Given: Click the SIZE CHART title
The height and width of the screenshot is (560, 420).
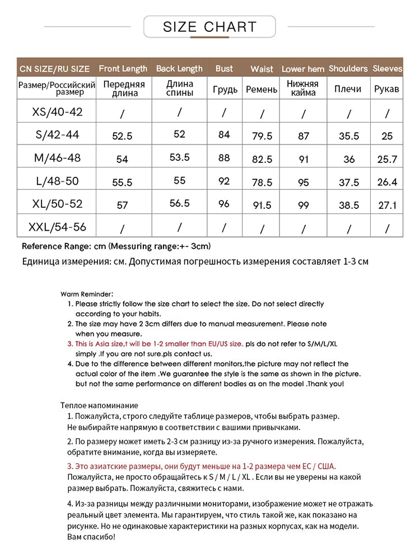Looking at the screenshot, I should (x=209, y=27).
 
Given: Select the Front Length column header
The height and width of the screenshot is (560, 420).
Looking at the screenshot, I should (x=123, y=69).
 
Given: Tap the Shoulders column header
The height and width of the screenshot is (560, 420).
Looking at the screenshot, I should (x=348, y=69).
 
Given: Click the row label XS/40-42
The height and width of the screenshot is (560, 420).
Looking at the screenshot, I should (x=57, y=112).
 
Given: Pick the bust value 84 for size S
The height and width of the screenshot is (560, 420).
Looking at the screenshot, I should (x=224, y=134).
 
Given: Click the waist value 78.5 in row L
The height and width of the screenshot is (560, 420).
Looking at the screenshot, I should (x=262, y=183).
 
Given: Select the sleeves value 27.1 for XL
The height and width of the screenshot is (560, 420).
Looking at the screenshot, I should (x=387, y=206).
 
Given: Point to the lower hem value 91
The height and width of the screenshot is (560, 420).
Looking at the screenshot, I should (x=304, y=159).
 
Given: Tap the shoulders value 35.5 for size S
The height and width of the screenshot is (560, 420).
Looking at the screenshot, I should (x=349, y=136).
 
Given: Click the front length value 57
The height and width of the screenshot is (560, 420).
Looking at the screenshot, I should (x=122, y=206).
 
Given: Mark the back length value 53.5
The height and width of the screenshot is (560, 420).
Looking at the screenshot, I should (x=179, y=158).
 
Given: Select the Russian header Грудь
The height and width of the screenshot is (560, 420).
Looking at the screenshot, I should (x=224, y=89).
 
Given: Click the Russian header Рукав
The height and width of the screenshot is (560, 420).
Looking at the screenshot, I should (x=387, y=89).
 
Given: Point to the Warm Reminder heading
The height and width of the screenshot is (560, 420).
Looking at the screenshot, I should (x=87, y=293).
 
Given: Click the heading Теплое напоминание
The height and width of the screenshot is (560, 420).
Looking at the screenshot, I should (x=99, y=405).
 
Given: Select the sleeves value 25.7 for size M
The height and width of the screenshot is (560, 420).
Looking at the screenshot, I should (x=387, y=160).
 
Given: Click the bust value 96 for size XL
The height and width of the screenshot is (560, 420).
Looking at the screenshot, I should (x=224, y=204).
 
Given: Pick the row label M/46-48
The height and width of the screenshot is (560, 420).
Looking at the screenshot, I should (x=57, y=158).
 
